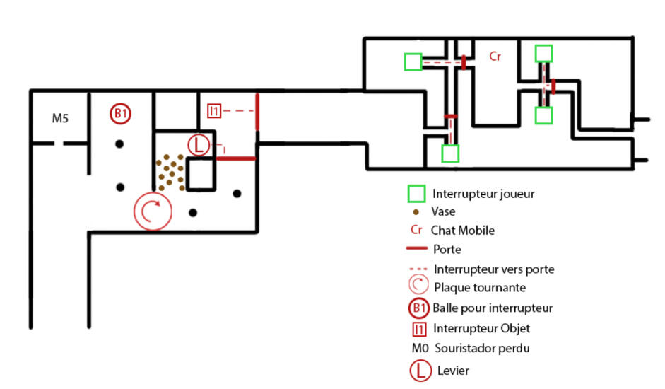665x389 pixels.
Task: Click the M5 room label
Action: point(60,118)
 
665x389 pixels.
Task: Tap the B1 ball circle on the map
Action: point(120,113)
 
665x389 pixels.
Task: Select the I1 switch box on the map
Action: point(214,111)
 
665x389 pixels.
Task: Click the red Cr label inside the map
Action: point(495,57)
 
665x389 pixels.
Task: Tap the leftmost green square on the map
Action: point(413,62)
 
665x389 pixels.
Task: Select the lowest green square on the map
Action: point(450,153)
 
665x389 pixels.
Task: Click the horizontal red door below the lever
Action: point(236,158)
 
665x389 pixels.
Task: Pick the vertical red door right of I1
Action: point(257,112)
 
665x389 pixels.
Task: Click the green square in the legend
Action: point(416,194)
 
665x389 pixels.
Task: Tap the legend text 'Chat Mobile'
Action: point(463,231)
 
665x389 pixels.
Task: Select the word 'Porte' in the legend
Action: point(447,249)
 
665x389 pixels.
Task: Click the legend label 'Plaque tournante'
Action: point(480,287)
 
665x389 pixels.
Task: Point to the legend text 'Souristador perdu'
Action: point(482,348)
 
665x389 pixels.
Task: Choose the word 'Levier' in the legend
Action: point(453,371)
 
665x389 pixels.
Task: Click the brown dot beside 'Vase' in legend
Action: point(416,212)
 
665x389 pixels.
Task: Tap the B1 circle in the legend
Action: point(419,308)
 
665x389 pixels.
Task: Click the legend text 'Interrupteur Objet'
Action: point(481,328)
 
